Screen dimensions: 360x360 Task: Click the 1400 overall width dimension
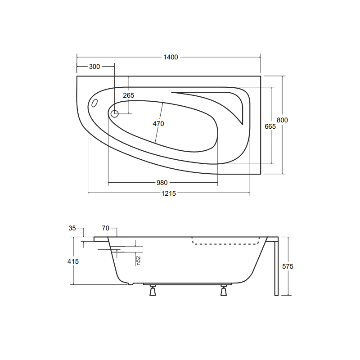pos(171,57)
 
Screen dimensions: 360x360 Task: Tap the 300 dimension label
pos(94,67)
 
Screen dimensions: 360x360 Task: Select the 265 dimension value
pos(129,95)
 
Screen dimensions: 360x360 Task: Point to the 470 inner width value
pos(158,124)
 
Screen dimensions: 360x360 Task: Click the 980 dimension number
pos(162,183)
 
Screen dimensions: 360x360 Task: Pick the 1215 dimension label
pos(169,193)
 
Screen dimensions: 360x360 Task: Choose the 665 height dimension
pos(270,126)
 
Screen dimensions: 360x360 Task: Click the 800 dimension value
pos(282,120)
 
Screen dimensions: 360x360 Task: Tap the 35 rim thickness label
pos(72,228)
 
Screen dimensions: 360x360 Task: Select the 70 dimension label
pos(106,228)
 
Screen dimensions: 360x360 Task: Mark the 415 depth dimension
pos(73,261)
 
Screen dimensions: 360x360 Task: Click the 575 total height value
pos(288,266)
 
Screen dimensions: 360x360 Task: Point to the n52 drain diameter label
pos(139,260)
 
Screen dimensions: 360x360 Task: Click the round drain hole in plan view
pos(114,114)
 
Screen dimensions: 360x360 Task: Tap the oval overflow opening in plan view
pos(94,103)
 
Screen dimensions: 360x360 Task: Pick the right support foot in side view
pos(224,291)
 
